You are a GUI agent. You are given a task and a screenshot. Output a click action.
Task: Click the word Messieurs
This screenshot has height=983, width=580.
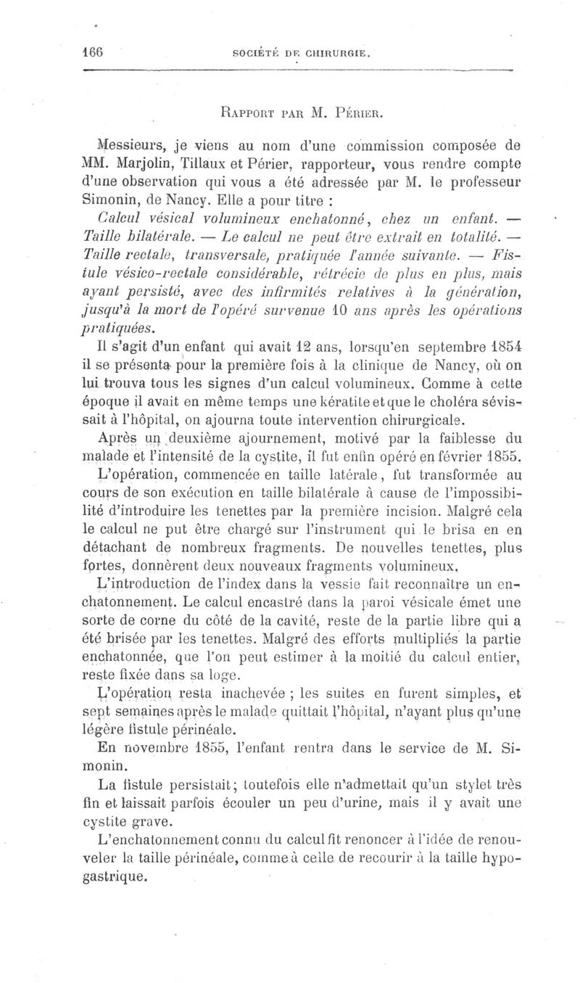click(x=128, y=144)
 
